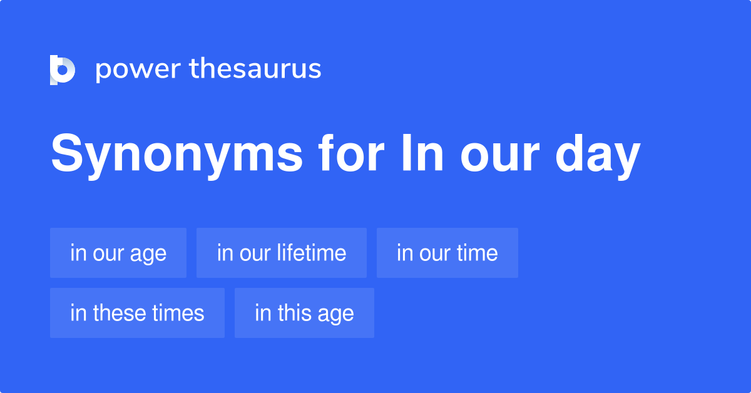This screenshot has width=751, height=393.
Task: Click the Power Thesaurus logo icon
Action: (x=63, y=69)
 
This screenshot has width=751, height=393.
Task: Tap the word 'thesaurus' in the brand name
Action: (x=255, y=69)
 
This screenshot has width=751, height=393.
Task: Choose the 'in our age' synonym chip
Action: (x=118, y=253)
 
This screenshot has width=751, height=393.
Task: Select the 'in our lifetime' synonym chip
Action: (x=282, y=253)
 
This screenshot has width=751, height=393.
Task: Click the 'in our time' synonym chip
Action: (x=447, y=253)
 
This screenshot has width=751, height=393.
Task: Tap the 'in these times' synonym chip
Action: (x=137, y=313)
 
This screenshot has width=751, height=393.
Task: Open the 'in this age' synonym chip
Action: (x=304, y=313)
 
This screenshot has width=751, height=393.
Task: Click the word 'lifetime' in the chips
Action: (x=314, y=253)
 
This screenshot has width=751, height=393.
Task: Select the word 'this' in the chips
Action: (x=289, y=313)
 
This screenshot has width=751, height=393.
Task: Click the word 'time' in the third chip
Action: (x=477, y=253)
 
